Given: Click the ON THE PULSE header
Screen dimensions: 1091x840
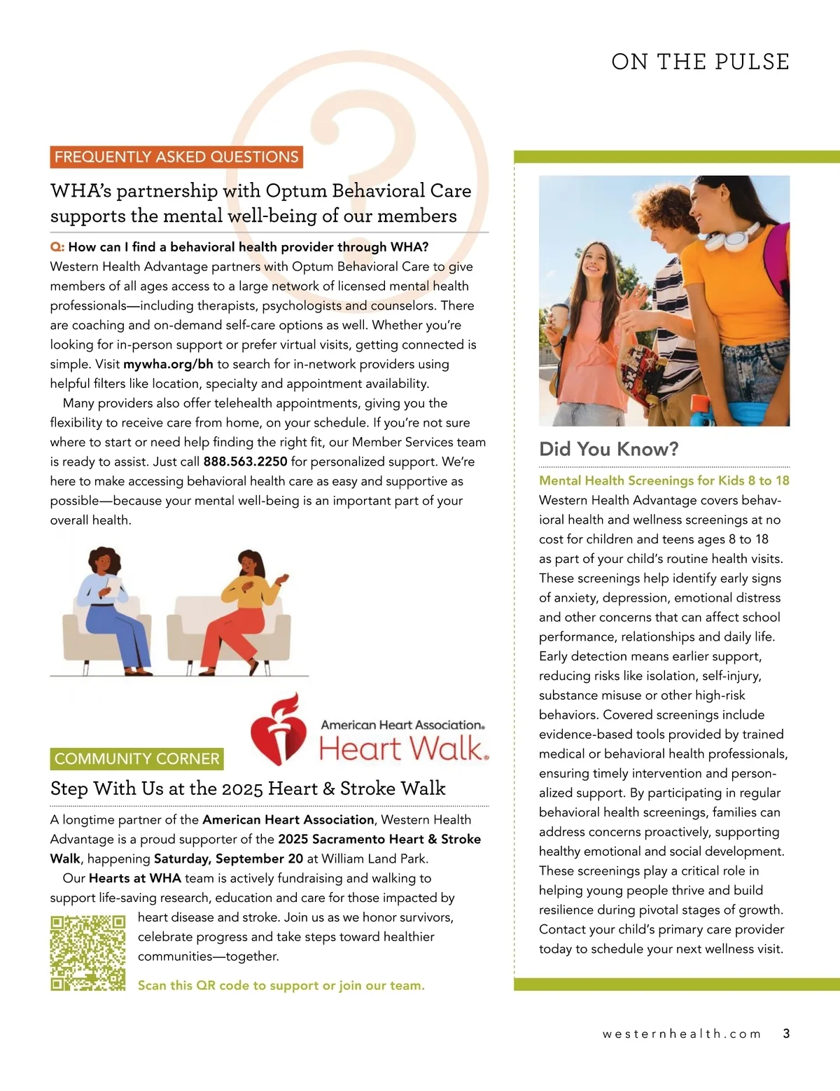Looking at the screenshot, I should pos(700,62).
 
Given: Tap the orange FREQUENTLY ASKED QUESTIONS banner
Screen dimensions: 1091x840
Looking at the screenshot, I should pos(176,157).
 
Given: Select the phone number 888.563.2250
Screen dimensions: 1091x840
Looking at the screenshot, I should pos(245,461).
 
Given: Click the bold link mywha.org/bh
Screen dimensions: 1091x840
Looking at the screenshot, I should pos(168,364).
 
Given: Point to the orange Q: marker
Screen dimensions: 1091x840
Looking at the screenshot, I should pos(57,247).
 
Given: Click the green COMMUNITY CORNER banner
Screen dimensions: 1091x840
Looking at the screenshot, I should pos(137,758).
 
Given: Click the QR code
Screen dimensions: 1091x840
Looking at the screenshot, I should pos(87,953).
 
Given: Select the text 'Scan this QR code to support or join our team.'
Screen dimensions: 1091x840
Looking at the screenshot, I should pos(281,985).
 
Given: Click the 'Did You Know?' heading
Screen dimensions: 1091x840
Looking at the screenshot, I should pos(608,449).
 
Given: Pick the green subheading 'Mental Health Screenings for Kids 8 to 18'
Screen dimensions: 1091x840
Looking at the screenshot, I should pos(664,480).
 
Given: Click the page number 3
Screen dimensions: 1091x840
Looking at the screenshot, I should pos(786,1034).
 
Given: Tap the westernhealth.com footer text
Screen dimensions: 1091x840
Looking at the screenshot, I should pos(681,1034).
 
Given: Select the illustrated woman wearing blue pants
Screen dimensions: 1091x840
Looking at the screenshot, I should pos(112,609).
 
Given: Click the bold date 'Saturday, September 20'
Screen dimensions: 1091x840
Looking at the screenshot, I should pos(228,859).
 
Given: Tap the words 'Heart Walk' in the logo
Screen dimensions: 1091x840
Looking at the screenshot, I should pos(402,748).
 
